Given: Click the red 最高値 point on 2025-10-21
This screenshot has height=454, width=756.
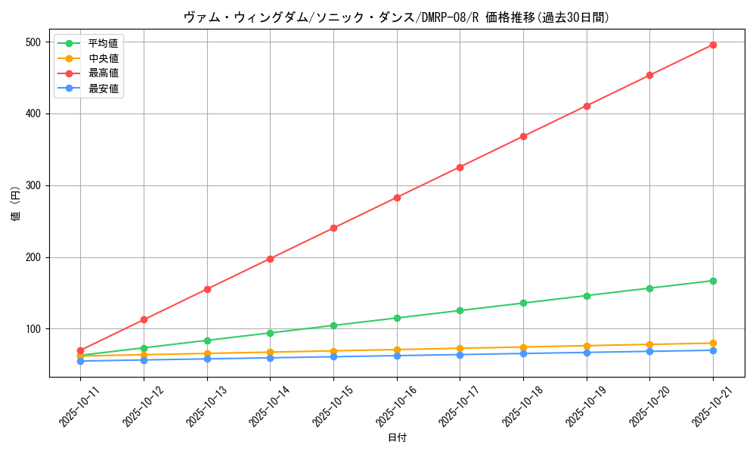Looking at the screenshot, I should (713, 45).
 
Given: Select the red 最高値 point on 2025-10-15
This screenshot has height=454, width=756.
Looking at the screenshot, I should (333, 228).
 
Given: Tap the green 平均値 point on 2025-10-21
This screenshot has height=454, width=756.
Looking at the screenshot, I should (713, 281).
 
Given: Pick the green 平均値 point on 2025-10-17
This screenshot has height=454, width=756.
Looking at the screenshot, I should (460, 310).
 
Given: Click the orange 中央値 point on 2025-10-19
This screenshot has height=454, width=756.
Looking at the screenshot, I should (587, 346).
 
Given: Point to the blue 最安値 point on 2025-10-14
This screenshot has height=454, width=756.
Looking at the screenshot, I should (270, 357).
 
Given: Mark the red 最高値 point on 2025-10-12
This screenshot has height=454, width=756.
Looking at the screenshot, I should (144, 319).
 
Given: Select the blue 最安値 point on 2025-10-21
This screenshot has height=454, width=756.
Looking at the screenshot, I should (713, 350).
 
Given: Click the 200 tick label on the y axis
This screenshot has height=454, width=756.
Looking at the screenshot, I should (33, 257).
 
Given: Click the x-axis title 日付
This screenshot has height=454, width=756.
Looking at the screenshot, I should (397, 438).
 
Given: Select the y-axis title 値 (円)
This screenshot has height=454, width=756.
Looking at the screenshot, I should (15, 204).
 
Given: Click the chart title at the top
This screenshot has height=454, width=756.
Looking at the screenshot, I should (397, 17).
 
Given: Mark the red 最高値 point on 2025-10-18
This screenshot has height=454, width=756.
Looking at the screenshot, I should (523, 136).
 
